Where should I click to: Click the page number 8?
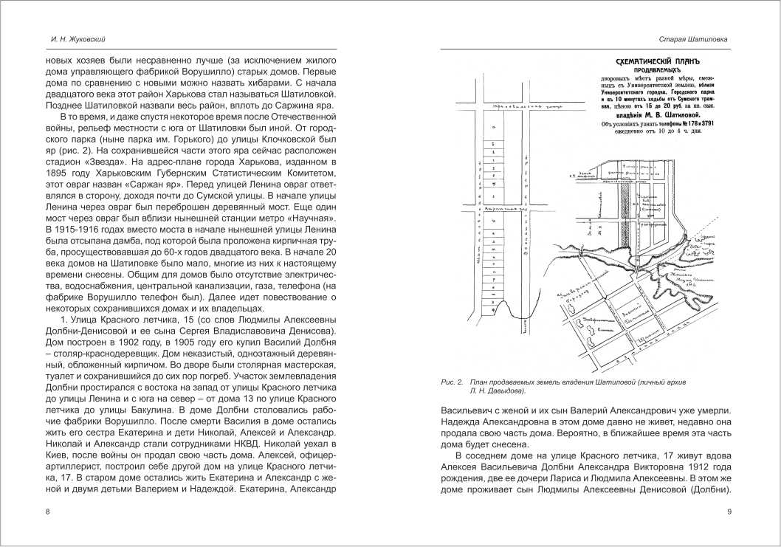click(x=47, y=512)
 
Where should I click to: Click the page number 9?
click(x=729, y=512)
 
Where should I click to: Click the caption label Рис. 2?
click(x=450, y=382)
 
